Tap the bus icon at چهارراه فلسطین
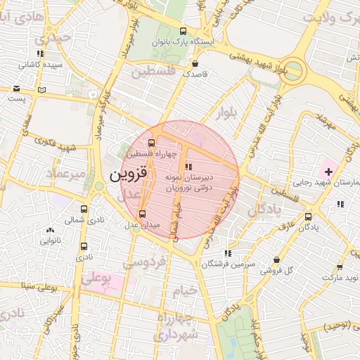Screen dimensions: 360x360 click(152, 143)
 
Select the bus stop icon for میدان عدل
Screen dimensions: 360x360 click(143, 214)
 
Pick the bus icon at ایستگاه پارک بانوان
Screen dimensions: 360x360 click(184, 31)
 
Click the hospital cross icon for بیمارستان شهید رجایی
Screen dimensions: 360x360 click(328, 171)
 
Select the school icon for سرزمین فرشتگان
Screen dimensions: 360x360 click(226, 253)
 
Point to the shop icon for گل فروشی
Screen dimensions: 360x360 click(276, 259)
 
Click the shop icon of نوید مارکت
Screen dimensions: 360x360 click(340, 268)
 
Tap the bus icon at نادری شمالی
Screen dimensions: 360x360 click(84, 209)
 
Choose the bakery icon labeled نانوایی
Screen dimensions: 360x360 click(49, 230)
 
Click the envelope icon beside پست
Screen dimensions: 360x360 click(16, 89)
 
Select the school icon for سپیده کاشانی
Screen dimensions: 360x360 click(40, 53)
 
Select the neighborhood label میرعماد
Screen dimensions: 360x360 click(67, 172)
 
